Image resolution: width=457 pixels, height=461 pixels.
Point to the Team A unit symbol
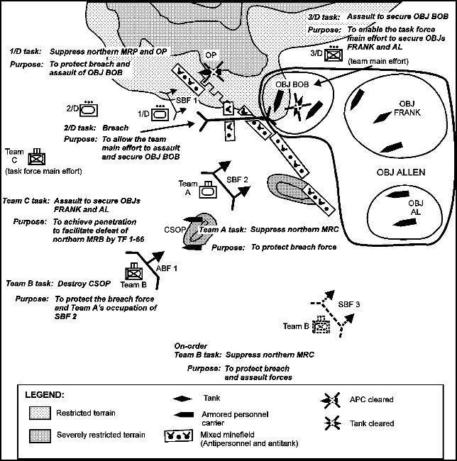click(207, 189)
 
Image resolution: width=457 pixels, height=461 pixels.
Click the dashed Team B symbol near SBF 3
click(324, 325)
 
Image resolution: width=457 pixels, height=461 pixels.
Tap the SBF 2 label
click(239, 179)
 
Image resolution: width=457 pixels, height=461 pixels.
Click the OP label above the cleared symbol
click(211, 55)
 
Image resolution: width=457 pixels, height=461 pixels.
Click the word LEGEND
click(45, 394)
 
